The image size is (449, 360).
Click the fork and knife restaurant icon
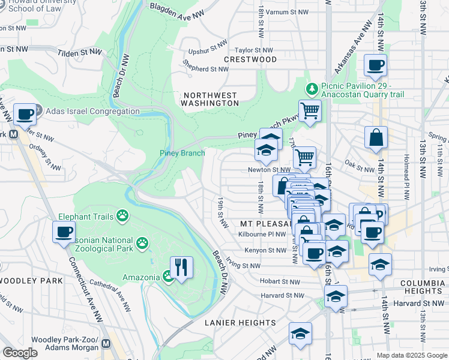click(181, 266)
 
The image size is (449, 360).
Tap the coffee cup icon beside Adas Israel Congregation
click(25, 114)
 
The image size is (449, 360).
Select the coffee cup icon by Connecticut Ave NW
click(64, 232)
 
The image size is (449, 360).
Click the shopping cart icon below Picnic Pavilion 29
click(309, 110)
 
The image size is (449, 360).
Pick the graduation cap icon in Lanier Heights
click(300, 334)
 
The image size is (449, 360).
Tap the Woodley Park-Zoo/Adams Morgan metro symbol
click(106, 344)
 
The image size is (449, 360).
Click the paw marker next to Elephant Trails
click(122, 215)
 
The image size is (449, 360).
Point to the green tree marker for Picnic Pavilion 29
click(312, 89)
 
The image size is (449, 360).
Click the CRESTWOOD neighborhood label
click(250, 60)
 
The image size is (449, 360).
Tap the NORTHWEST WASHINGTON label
click(211, 99)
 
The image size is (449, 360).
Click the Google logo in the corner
click(20, 353)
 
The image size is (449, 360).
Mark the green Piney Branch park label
click(182, 153)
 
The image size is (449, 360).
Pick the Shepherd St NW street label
click(206, 69)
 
